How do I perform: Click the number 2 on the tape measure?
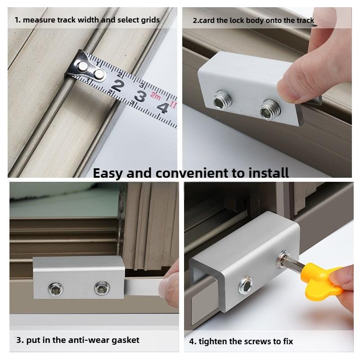pos(118,85)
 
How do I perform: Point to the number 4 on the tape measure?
pos(162,107)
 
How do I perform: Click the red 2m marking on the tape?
pos(156,95)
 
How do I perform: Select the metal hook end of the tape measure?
pos(85,69)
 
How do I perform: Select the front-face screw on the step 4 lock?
pos(246,284)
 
